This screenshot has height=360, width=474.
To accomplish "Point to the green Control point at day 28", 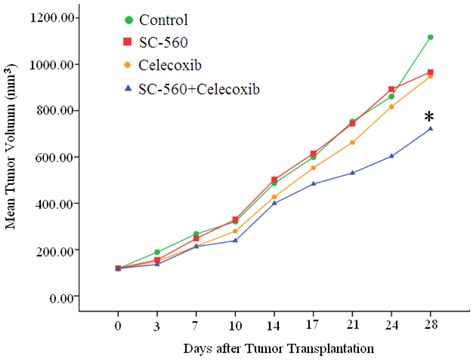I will (x=430, y=37).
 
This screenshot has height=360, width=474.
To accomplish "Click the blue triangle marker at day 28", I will (x=430, y=129).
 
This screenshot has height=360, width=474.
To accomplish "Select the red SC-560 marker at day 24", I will (x=391, y=89).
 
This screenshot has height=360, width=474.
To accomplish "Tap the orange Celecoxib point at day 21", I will (x=352, y=142).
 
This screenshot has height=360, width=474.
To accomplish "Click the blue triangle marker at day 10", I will (x=236, y=240).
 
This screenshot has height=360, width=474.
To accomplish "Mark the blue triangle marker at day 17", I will (x=314, y=184).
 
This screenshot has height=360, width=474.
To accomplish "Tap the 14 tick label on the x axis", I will (x=274, y=325).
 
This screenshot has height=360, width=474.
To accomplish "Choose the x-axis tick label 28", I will (x=430, y=325).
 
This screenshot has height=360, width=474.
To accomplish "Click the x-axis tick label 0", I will (x=118, y=325).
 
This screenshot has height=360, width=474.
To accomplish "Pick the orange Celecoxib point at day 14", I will (x=275, y=197).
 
